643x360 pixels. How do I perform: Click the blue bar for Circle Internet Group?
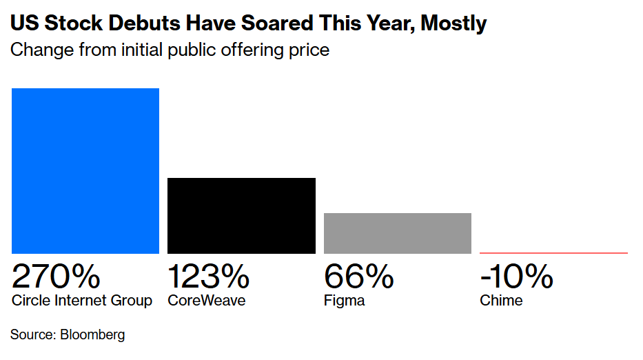(x=85, y=170)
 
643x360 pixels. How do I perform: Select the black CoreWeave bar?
(x=241, y=215)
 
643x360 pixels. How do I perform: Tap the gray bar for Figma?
(x=398, y=233)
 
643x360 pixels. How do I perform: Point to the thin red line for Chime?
(x=553, y=253)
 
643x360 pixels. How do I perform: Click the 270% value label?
(x=56, y=277)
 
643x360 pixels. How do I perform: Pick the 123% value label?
(x=208, y=277)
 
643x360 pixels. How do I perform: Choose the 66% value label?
(x=358, y=277)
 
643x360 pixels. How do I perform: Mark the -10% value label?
(x=516, y=277)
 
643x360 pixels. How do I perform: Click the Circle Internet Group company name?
(x=82, y=301)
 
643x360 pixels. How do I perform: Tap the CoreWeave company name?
(x=207, y=301)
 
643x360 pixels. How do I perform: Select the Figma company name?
(x=344, y=301)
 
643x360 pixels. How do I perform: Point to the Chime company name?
(x=501, y=301)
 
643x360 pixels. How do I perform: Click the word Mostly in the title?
(x=453, y=23)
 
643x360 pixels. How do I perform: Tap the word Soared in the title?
(x=271, y=23)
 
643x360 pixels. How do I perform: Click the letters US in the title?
(x=24, y=23)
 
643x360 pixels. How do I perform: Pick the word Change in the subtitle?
(x=39, y=50)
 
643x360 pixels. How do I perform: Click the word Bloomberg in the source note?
(x=93, y=335)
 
